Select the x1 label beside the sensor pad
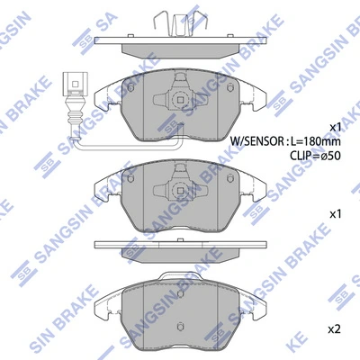(336, 126)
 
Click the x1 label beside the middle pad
(336, 214)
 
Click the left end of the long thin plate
(97, 244)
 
